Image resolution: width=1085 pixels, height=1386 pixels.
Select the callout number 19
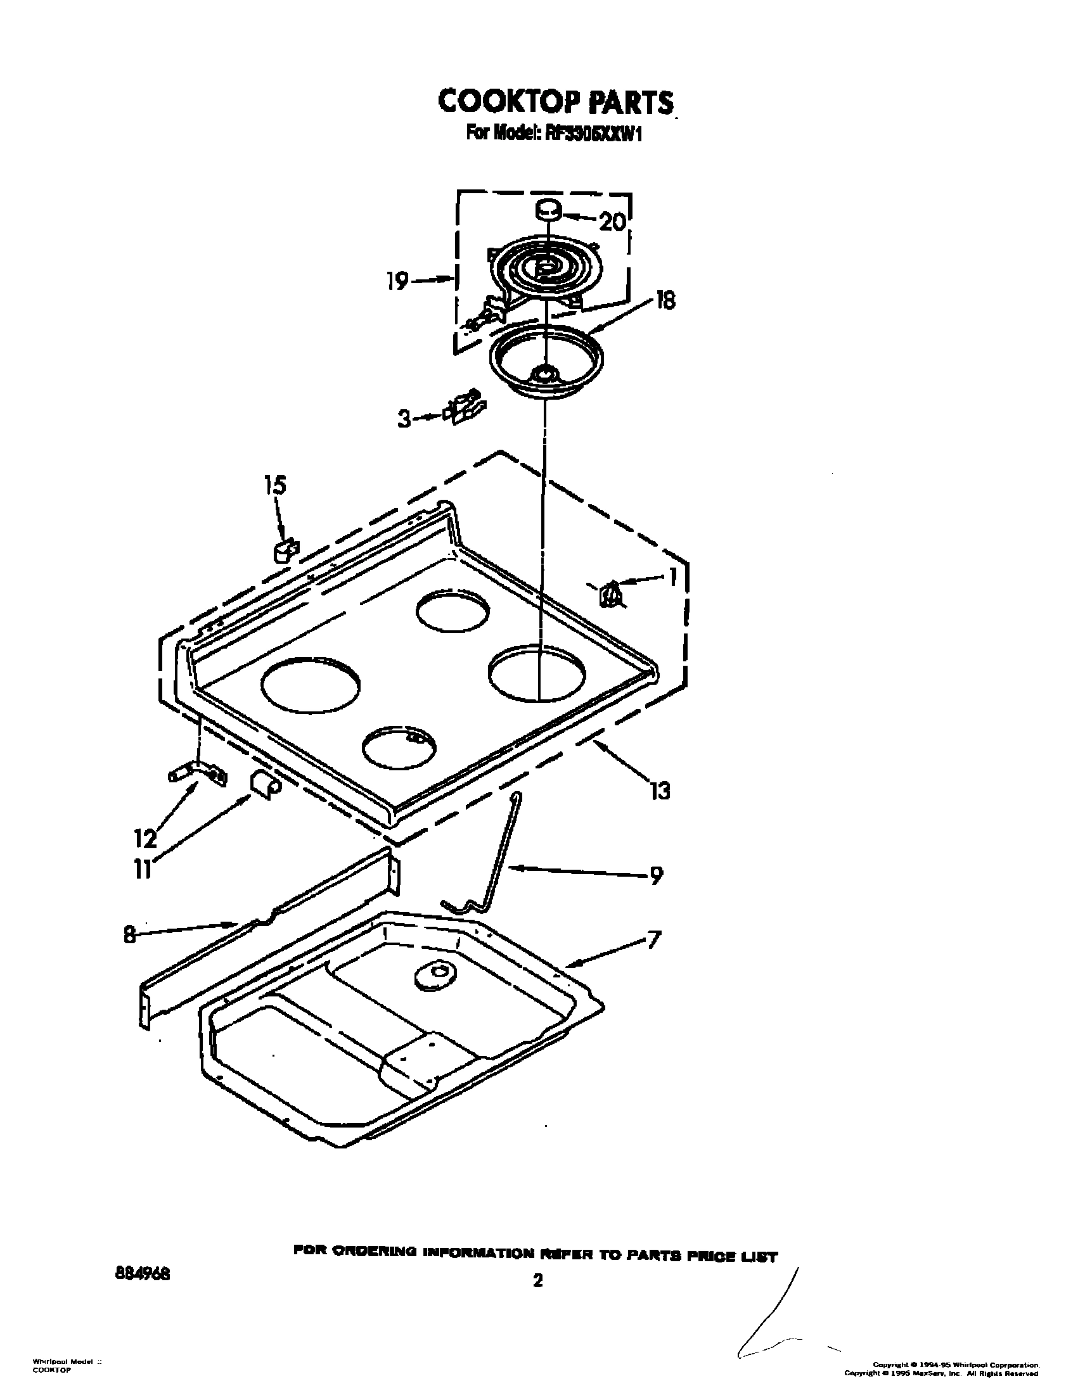(x=397, y=281)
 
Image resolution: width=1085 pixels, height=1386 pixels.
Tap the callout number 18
(x=665, y=300)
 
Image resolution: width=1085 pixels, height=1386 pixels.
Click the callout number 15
(x=275, y=486)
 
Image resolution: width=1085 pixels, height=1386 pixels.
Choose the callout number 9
(x=656, y=875)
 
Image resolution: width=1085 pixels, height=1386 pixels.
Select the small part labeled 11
(x=264, y=784)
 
